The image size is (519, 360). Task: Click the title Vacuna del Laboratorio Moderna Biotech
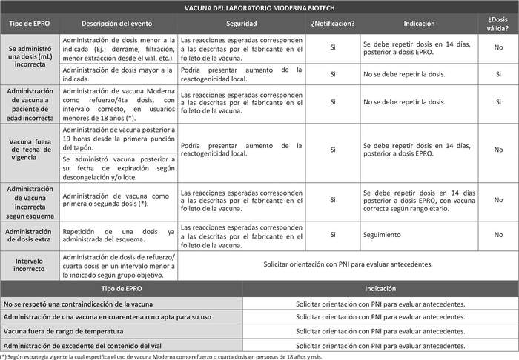[x=259, y=9]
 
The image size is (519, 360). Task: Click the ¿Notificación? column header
[x=333, y=23]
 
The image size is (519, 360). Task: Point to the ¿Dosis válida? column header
[x=498, y=23]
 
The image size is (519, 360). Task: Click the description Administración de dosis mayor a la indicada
[x=118, y=74]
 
